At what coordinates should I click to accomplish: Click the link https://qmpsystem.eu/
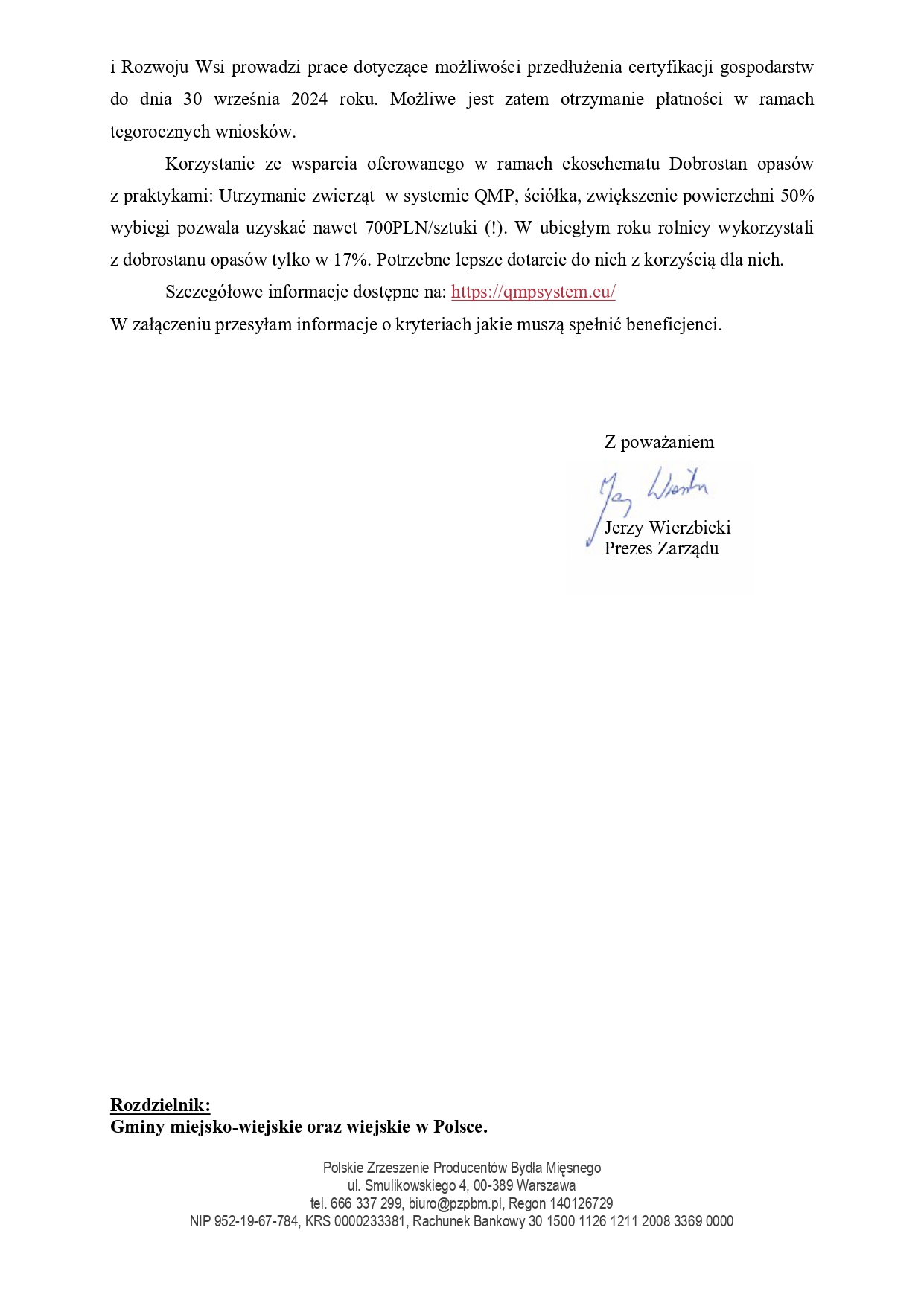(x=533, y=292)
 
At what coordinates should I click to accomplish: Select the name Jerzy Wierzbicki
(x=667, y=528)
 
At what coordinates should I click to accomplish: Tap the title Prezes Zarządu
(x=661, y=548)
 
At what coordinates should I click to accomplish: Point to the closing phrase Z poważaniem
(x=659, y=442)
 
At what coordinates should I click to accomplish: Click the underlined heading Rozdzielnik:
(x=160, y=1105)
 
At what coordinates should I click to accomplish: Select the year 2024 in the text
(x=309, y=100)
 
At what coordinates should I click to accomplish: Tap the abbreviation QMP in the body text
(x=494, y=196)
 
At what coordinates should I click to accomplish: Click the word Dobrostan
(x=708, y=164)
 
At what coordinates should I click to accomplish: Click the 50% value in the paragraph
(x=797, y=196)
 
